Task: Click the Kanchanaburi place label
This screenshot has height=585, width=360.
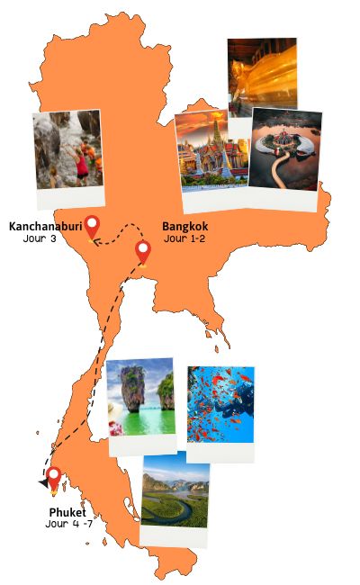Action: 44,227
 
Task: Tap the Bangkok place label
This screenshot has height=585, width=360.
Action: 185,227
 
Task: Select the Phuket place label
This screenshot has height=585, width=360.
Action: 67,512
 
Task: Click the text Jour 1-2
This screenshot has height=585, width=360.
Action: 186,238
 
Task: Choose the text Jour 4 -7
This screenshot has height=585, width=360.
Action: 67,523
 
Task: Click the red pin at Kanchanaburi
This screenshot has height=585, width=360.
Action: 92,227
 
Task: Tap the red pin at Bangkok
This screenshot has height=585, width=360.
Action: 142,252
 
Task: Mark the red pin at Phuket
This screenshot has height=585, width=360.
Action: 54,479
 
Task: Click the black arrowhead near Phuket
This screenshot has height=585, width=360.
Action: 42,483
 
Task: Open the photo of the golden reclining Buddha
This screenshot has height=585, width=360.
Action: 262,76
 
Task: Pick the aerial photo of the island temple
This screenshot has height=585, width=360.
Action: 284,151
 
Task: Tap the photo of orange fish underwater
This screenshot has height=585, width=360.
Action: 220,405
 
